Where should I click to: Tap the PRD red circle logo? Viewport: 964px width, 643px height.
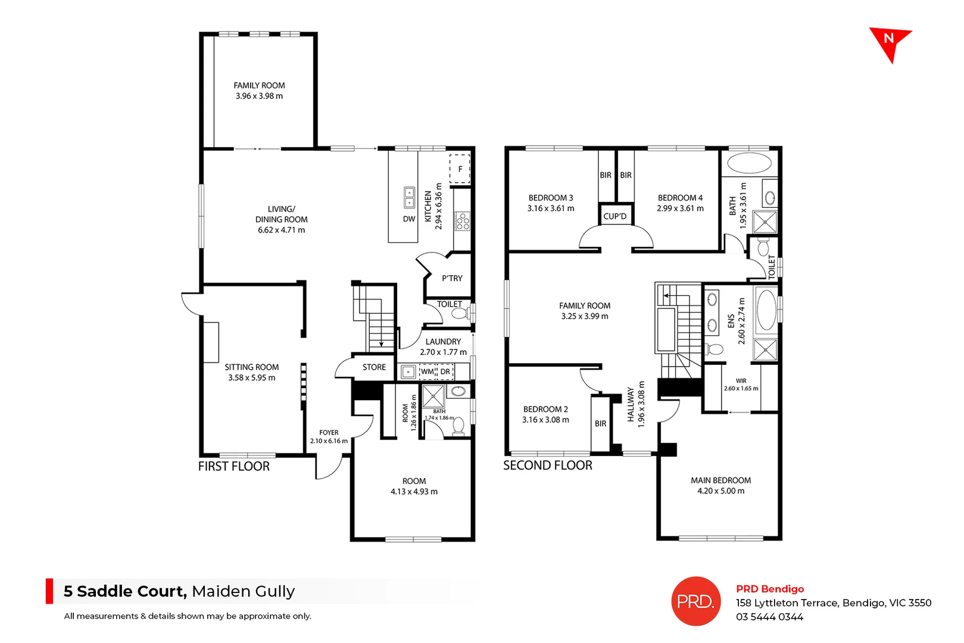(x=695, y=601)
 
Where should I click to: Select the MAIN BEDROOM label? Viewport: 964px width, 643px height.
(x=720, y=480)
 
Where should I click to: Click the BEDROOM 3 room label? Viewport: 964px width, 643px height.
(x=551, y=198)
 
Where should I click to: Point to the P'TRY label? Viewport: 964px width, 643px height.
(x=452, y=278)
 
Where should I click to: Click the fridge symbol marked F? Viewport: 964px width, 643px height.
(x=460, y=169)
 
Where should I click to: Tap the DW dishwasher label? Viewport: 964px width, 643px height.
(x=409, y=219)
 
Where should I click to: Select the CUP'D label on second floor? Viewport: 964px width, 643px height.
(x=615, y=216)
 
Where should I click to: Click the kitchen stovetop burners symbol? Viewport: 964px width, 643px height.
(x=463, y=221)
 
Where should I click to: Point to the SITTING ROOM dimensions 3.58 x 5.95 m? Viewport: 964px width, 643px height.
(x=252, y=377)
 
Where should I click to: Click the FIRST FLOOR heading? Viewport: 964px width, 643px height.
(x=234, y=466)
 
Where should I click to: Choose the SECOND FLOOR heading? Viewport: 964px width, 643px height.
(x=548, y=466)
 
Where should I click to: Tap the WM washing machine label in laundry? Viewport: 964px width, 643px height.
(x=428, y=372)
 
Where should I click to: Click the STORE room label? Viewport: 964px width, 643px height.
(x=374, y=367)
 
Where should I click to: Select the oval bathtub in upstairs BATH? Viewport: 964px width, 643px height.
(x=750, y=163)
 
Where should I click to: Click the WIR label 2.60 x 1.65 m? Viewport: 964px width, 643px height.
(x=741, y=385)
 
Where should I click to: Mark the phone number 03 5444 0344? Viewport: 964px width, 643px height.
(x=769, y=617)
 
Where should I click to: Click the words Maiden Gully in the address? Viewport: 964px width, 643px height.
(x=243, y=591)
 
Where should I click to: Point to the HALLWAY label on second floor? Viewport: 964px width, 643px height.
(x=631, y=404)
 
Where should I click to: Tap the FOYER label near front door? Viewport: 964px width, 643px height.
(x=329, y=433)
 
